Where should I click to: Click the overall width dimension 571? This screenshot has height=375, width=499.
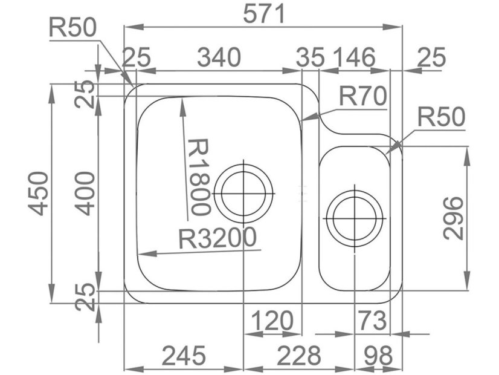pos(264,15)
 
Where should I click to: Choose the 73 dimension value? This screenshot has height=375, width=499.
pos(370,320)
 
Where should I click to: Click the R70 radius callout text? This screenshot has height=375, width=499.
pos(361,97)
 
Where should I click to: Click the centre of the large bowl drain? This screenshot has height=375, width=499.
pos(243,194)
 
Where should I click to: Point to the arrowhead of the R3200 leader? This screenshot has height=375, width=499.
pos(141,254)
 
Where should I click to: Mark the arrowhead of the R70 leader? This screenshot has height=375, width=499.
pos(302,119)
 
